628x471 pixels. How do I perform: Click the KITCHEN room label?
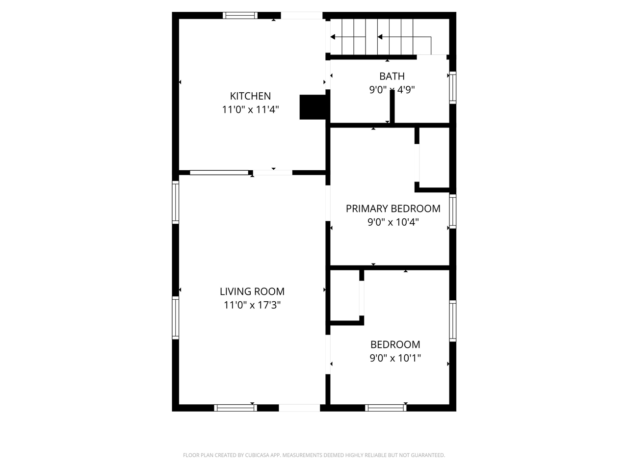(250, 96)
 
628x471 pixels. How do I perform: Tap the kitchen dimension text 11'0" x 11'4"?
(250, 109)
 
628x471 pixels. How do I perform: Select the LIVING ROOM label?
(252, 291)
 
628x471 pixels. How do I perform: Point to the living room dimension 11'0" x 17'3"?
(252, 305)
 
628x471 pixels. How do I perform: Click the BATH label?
(392, 76)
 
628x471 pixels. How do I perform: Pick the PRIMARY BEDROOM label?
(393, 209)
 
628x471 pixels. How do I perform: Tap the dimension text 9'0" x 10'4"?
(393, 222)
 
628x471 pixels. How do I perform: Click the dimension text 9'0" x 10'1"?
(395, 358)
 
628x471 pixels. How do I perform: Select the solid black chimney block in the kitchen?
(313, 106)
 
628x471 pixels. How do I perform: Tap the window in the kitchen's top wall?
(240, 15)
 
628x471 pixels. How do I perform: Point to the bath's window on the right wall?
(452, 88)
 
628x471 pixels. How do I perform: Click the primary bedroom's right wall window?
(452, 211)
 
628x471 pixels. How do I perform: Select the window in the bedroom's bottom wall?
(386, 407)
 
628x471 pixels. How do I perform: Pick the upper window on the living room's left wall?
(175, 202)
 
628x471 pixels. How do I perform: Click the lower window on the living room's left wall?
(175, 317)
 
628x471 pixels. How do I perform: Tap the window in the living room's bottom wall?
(235, 407)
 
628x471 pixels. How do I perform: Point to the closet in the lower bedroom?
(345, 294)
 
